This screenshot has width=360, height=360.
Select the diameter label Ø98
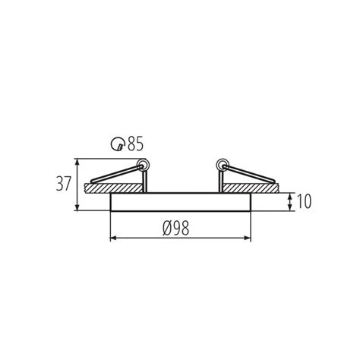(x=181, y=227)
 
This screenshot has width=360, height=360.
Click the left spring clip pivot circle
(x=141, y=164)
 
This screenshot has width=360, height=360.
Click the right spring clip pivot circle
(x=222, y=164)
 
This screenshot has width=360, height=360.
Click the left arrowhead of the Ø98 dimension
(x=115, y=238)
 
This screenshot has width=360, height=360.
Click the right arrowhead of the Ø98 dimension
(x=248, y=238)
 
